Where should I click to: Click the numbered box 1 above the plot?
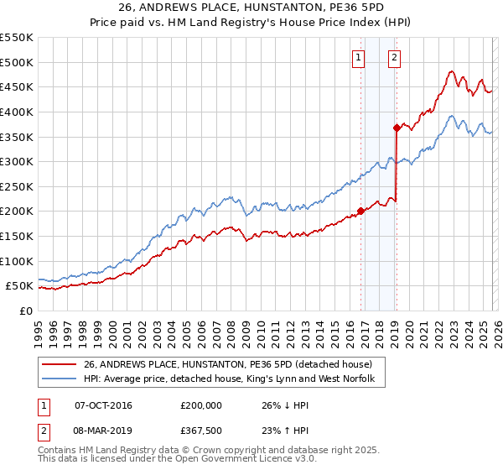(358, 58)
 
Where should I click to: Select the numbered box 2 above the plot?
(393, 58)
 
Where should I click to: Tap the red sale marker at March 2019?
(397, 128)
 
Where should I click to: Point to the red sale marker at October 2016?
(361, 211)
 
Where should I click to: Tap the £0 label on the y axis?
(25, 311)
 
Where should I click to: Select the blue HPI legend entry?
(234, 379)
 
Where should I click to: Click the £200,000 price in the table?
(201, 405)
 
